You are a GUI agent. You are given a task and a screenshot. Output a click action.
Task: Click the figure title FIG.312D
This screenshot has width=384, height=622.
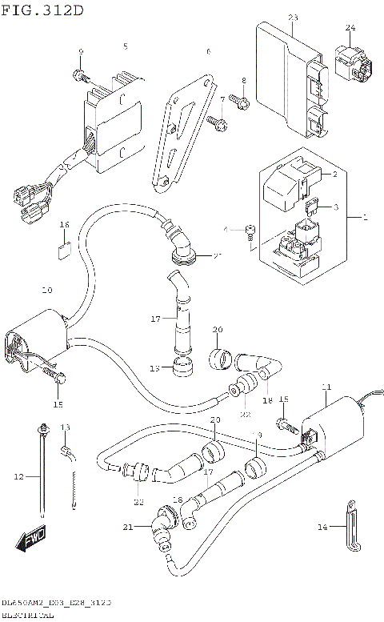(x=42, y=9)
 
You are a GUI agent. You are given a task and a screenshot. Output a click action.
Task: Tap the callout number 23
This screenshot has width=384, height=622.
(x=292, y=18)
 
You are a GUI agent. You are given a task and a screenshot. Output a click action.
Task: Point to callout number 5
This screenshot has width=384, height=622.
(x=125, y=46)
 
